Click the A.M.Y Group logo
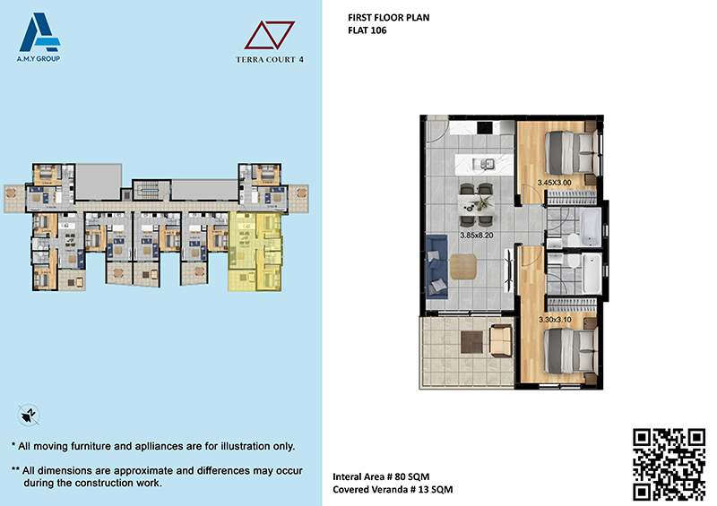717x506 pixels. pos(39,38)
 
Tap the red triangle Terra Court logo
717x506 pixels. pos(270,35)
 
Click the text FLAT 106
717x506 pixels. pos(367,30)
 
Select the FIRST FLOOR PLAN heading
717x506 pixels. pos(389,18)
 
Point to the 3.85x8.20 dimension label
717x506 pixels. pos(477,236)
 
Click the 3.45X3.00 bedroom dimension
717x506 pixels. pos(554,183)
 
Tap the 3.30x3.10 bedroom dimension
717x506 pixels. pos(555,320)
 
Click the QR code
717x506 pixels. pos(669,464)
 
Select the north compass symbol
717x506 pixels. pos(29,415)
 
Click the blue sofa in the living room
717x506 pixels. pos(436,267)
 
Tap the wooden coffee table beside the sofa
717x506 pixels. pos(463,267)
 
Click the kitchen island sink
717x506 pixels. pos(483,163)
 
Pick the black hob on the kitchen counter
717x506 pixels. pos(485,127)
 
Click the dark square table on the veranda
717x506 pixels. pos(471,342)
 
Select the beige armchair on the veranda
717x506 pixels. pos(501,340)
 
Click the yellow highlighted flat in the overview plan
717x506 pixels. pos(255,252)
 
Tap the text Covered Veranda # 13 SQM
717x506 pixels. pos(393,490)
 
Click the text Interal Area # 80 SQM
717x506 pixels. pos(381,476)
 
